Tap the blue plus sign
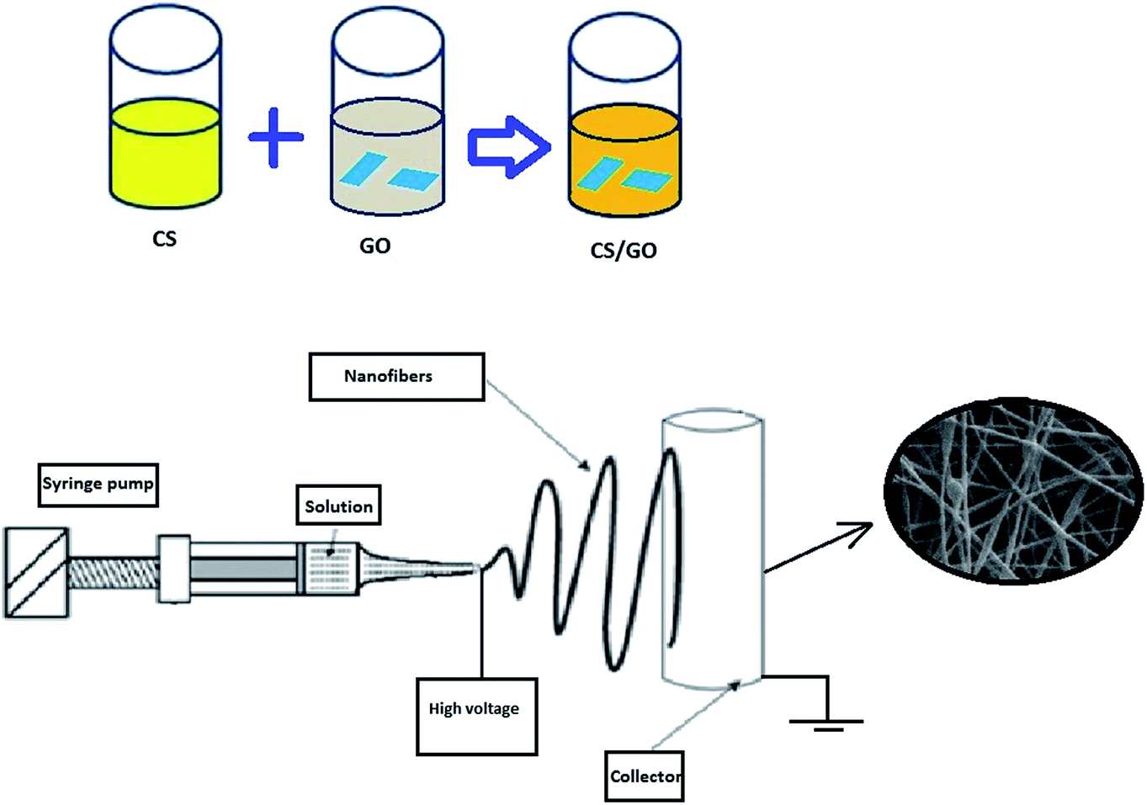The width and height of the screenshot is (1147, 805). [x=276, y=137]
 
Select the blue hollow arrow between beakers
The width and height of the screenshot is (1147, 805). [x=509, y=147]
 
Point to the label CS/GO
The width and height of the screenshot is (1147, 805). [x=624, y=251]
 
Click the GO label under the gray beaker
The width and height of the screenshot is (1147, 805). [x=374, y=246]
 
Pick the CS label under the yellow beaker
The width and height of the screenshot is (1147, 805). [x=164, y=239]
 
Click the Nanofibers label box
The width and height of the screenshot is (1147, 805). [x=396, y=376]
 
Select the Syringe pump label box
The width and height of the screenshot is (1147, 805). [x=98, y=485]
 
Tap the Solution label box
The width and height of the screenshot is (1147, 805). [x=338, y=506]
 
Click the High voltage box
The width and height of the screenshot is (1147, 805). [x=476, y=716]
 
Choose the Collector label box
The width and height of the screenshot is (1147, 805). [x=644, y=776]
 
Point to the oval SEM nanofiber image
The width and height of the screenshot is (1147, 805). [x=1013, y=490]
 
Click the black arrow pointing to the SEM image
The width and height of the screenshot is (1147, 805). [x=818, y=547]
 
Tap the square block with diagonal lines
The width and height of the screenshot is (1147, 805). [x=36, y=573]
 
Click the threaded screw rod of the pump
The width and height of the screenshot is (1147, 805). [x=113, y=572]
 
